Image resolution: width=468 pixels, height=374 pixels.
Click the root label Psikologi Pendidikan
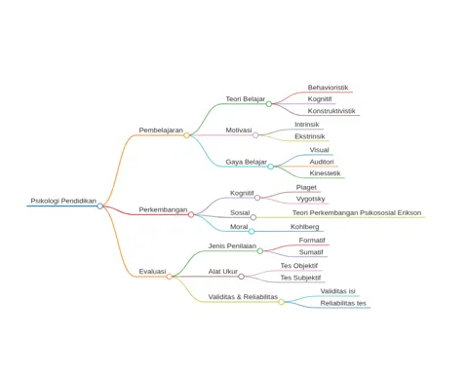point(63,201)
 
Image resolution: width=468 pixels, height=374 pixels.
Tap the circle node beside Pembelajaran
point(186,135)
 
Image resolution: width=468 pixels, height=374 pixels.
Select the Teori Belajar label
point(246,99)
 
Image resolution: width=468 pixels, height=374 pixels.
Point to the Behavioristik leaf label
point(328,88)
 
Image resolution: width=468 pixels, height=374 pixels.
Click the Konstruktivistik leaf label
point(331,111)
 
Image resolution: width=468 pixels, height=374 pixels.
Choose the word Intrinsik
point(307,125)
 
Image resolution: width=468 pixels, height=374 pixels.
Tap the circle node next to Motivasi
point(255,135)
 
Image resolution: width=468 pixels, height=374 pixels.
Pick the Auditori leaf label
point(322,162)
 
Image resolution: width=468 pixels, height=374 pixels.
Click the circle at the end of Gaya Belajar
point(270,167)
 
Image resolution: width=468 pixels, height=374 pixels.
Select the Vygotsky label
point(310,199)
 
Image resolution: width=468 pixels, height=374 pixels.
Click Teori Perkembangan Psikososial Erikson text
point(357,213)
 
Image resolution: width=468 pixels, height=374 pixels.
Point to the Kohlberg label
point(304,227)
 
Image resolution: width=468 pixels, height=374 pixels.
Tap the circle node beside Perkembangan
point(191,214)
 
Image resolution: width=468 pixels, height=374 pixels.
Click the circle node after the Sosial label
point(253,217)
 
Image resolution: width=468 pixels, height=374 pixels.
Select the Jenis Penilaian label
point(232,246)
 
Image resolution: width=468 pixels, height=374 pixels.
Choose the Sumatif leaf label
point(311,252)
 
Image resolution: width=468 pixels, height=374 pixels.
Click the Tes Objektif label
point(299,266)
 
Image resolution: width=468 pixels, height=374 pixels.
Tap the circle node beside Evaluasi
point(169,277)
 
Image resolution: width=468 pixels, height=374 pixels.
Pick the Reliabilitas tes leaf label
point(343,303)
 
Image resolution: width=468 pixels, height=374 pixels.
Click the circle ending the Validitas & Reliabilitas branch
point(281,302)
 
